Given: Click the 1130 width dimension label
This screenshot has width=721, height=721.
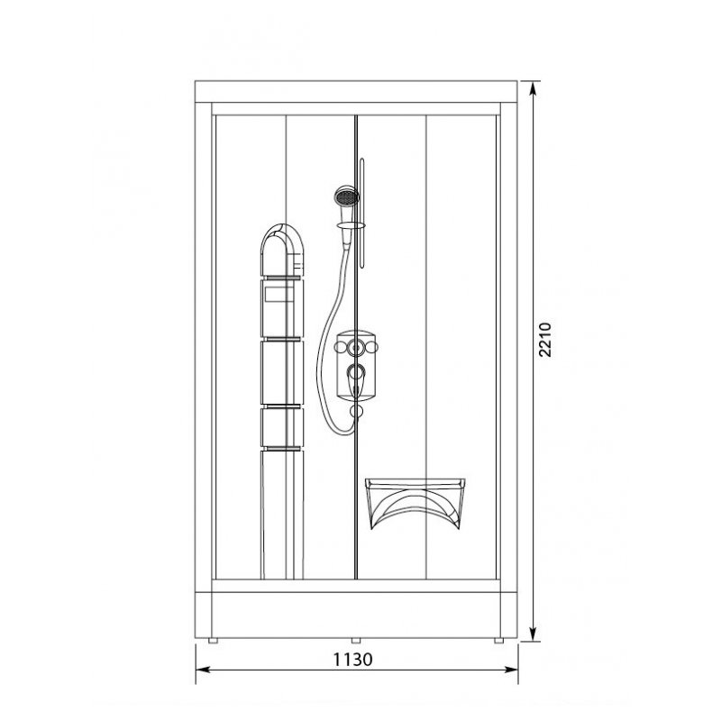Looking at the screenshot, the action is [352, 660].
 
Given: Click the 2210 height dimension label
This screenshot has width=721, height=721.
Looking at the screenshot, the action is [545, 340].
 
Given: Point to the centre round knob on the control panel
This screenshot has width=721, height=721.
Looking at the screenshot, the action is [355, 347].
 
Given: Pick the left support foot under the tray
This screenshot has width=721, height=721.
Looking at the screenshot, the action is [213, 641].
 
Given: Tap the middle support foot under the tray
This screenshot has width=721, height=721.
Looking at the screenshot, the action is [356, 641].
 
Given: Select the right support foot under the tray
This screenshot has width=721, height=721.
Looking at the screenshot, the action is [499, 641].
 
